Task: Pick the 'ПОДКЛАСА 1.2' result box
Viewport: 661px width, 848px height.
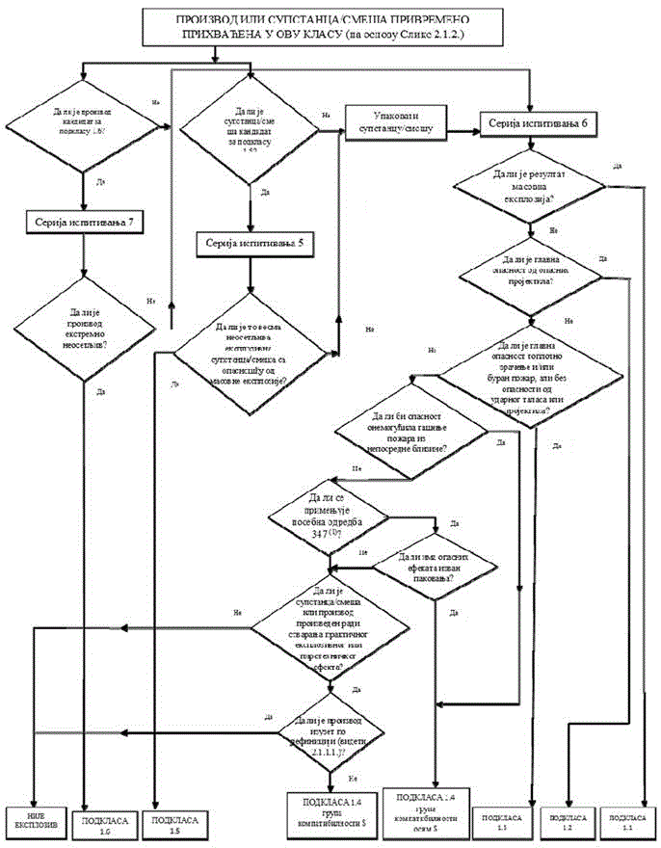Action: click(573, 820)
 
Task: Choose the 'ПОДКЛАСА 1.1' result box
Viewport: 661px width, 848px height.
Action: click(633, 820)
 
